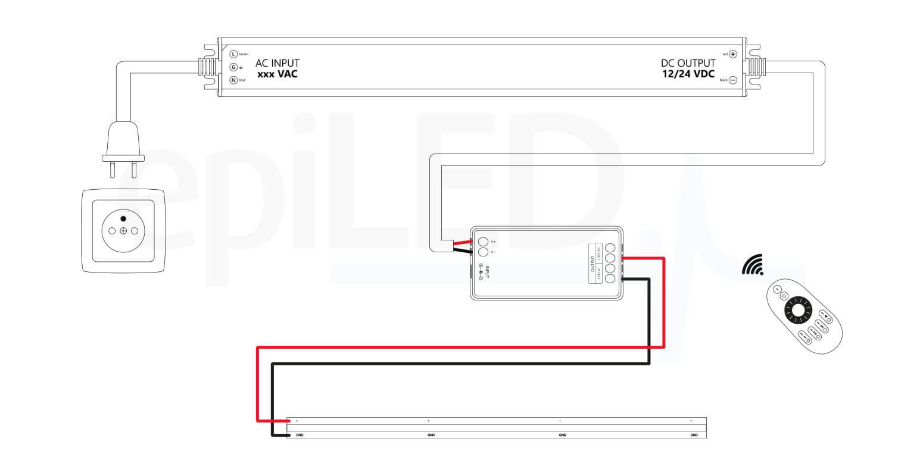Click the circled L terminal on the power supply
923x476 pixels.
point(233,54)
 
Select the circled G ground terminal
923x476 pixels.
point(233,67)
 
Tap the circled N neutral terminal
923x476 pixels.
point(233,80)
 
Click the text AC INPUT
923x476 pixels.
point(277,63)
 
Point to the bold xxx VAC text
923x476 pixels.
point(277,75)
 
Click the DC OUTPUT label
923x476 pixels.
point(688,63)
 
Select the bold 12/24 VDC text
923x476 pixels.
point(688,75)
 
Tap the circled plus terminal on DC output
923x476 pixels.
point(733,54)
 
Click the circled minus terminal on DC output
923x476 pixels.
point(733,80)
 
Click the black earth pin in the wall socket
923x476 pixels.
point(123,219)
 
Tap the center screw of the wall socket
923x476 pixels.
point(123,231)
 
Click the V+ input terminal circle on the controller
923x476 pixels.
point(483,242)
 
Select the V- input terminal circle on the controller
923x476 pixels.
point(483,252)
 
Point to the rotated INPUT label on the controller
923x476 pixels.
point(487,273)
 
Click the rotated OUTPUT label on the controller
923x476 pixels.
point(592,264)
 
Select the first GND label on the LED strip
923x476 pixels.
point(300,435)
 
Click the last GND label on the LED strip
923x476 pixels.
point(694,435)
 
